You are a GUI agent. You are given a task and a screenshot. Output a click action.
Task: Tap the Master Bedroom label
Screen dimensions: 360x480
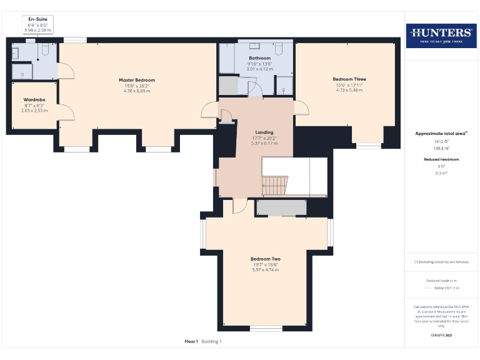click(x=137, y=80)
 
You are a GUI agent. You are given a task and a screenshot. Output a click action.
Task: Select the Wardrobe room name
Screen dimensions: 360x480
click(x=33, y=99)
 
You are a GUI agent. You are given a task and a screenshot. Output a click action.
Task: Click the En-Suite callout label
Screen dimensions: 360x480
click(x=37, y=19)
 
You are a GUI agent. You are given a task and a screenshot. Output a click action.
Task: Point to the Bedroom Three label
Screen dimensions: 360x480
click(x=349, y=79)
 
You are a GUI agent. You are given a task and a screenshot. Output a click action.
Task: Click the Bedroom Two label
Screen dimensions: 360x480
click(x=265, y=259)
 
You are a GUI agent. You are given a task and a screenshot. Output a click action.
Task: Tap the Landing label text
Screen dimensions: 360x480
click(x=263, y=132)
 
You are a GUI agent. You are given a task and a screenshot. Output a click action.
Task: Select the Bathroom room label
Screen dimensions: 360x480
click(x=259, y=58)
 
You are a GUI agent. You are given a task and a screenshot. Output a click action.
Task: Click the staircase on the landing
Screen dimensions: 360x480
click(x=274, y=185)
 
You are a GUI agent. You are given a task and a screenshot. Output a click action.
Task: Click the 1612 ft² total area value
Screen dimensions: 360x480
click(x=441, y=142)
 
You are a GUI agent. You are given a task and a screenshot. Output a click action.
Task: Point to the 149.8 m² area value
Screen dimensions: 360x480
click(x=441, y=149)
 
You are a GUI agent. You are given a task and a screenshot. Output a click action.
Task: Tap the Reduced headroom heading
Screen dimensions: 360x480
click(x=441, y=160)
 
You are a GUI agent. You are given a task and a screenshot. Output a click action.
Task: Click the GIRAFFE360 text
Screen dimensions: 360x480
click(x=441, y=336)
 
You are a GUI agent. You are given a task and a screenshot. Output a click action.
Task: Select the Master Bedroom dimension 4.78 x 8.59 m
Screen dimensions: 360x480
click(x=137, y=91)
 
